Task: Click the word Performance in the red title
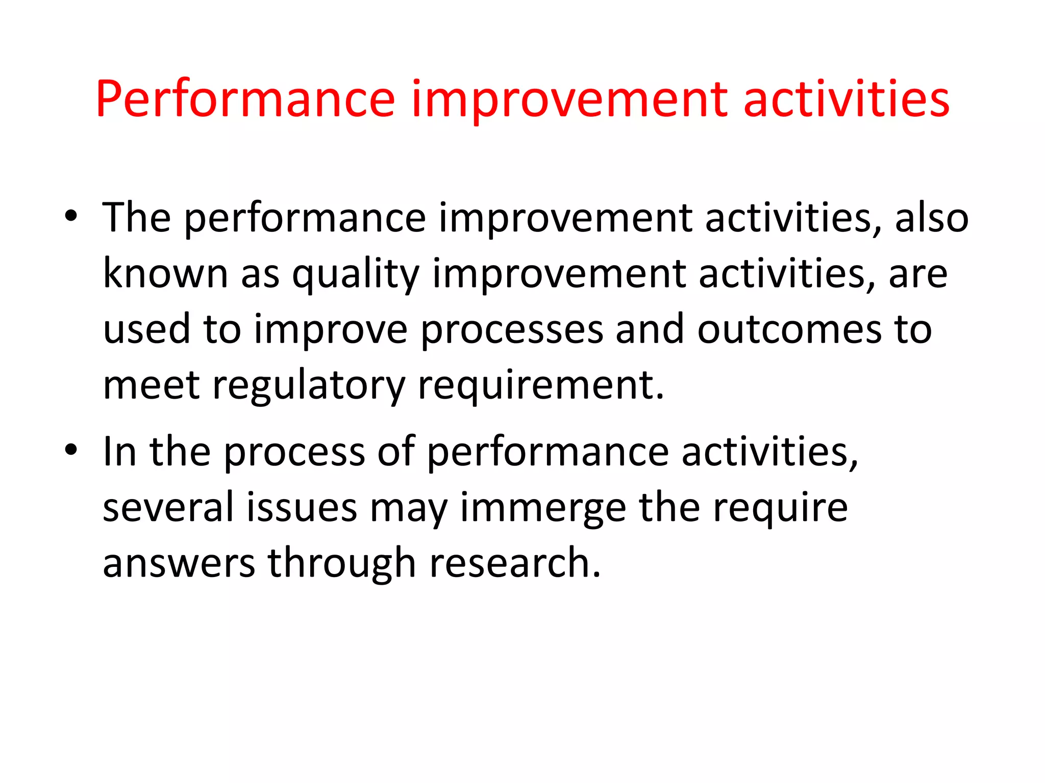tap(245, 99)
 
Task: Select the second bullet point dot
tap(71, 450)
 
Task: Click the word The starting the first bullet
tap(136, 218)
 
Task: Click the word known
tap(165, 274)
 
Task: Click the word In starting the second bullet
tap(119, 452)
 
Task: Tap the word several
tap(168, 508)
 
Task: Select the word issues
tap(302, 508)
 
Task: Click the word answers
tap(179, 563)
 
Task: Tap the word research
tap(515, 563)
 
